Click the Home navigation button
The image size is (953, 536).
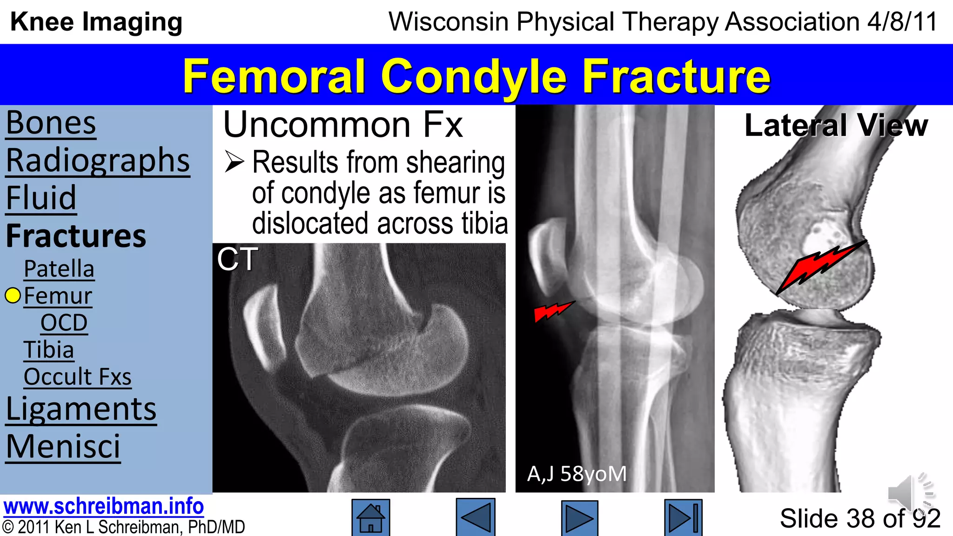click(x=370, y=518)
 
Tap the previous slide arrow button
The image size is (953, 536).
click(x=476, y=517)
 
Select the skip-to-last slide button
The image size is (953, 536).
click(x=683, y=518)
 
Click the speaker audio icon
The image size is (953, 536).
click(x=910, y=493)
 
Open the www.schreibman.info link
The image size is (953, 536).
click(x=103, y=507)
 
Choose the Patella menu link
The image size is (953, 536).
click(x=59, y=269)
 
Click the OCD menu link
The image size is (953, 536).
click(x=64, y=323)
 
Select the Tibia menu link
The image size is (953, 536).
click(x=49, y=350)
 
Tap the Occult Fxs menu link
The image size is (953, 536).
click(x=77, y=377)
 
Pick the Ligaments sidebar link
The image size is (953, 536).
click(x=81, y=409)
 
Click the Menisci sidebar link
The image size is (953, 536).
click(x=63, y=447)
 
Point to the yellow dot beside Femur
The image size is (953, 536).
click(x=13, y=295)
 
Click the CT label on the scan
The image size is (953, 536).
click(x=237, y=259)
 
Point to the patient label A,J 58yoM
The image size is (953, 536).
click(x=577, y=474)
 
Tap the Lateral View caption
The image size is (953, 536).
click(x=836, y=126)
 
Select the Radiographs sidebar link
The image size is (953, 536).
click(x=98, y=161)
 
